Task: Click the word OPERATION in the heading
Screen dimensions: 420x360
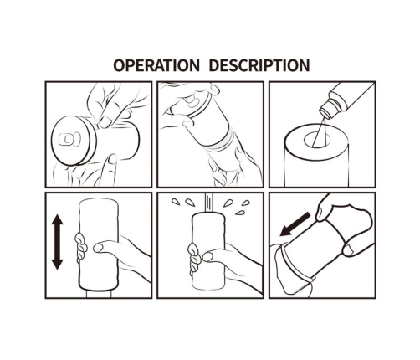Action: point(156,65)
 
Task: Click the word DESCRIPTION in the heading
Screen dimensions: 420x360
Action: point(259,65)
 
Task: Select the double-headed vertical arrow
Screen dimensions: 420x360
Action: point(58,242)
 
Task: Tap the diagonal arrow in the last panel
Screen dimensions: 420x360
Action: point(295,224)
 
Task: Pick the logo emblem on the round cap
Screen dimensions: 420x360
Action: point(69,139)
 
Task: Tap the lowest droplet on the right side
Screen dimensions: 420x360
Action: point(240,213)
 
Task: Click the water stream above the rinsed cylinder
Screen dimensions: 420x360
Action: point(208,203)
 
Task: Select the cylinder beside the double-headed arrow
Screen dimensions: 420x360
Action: point(99,244)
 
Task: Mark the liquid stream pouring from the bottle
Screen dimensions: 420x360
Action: point(320,131)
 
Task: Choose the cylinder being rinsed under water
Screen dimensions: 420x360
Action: point(208,251)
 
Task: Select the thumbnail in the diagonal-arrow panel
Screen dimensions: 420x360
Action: point(348,249)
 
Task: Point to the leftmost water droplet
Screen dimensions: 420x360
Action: point(175,202)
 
